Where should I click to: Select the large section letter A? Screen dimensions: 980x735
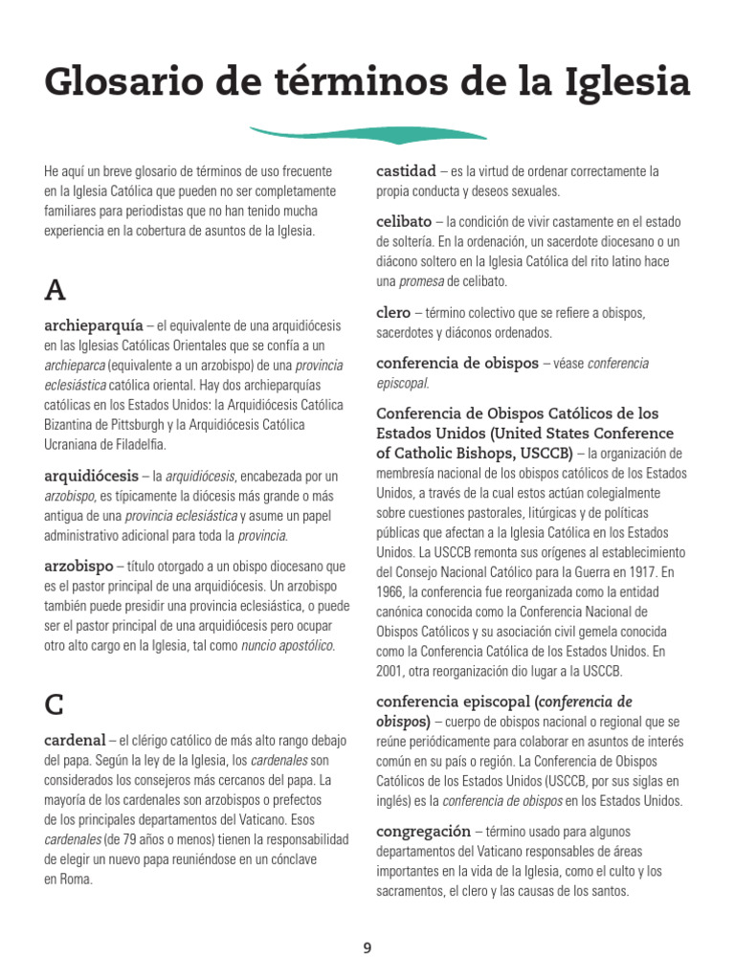[56, 290]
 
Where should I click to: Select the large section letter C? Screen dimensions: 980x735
[56, 704]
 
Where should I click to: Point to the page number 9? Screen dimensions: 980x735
[367, 948]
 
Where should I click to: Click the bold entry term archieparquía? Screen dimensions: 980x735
[94, 324]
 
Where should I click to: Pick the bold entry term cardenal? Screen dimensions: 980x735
[76, 740]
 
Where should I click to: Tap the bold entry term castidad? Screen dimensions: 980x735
[406, 170]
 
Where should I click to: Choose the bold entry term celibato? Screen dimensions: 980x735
[404, 221]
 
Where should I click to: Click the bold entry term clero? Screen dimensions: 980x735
[393, 312]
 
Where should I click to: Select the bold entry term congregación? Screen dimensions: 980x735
[424, 831]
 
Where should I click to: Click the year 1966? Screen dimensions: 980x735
[393, 591]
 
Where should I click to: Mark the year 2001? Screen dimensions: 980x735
[393, 672]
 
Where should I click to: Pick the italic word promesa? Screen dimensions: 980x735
[422, 281]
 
